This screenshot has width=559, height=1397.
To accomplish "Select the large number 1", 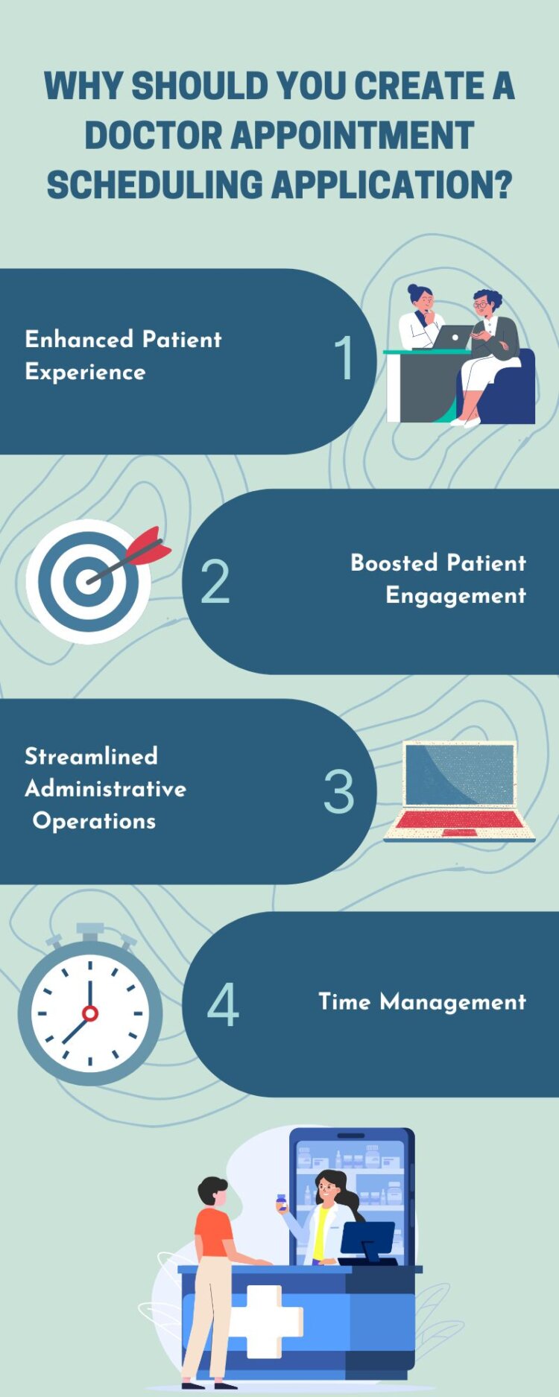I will pos(344,358).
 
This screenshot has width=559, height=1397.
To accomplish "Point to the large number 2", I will pos(215,582).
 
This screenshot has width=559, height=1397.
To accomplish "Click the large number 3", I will pos(338,791).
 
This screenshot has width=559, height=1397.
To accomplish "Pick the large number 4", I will pos(222,1005).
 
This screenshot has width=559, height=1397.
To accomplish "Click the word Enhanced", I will pos(79,340).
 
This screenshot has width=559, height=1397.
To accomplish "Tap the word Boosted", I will pos(394,563).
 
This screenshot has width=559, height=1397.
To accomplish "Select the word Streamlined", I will pos(91,756).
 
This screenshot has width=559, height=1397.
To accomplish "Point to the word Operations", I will pos(94,821).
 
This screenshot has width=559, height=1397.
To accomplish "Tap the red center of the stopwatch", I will pos(90,1013).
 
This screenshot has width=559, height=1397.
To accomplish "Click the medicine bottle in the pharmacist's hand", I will pos(281,1202).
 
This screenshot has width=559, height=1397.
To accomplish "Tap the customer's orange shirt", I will pos(213,1233).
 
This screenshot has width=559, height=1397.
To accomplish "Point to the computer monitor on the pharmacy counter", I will pos(367,1241).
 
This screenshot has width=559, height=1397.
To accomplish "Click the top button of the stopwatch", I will pos(90,931).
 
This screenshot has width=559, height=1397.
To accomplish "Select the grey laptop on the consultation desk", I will pos(452,338).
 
